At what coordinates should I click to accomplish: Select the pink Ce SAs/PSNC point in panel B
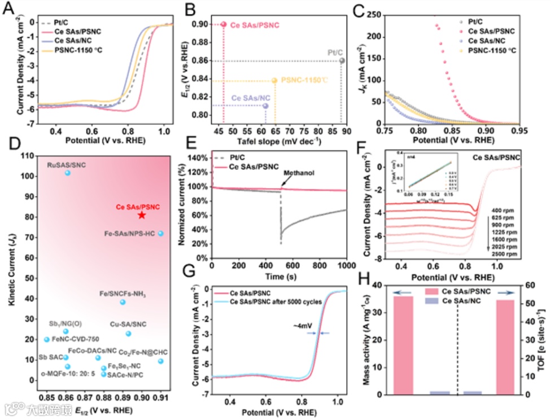(x=224, y=24)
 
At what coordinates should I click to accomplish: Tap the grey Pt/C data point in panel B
(x=342, y=60)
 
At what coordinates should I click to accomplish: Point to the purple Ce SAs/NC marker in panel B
(x=265, y=106)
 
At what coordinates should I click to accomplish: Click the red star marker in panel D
(x=142, y=215)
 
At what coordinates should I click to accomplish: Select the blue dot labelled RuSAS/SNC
(x=68, y=173)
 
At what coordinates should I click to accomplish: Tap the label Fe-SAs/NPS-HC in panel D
(x=130, y=233)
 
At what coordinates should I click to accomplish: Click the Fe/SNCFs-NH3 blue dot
(x=123, y=302)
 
